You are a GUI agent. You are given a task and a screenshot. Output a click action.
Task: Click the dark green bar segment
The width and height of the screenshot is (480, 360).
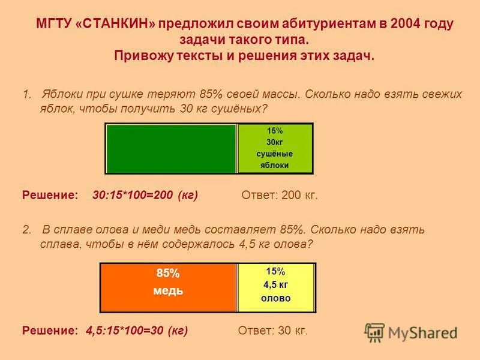click(171, 149)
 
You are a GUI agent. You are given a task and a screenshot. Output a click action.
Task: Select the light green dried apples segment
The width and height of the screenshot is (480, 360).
click(275, 149)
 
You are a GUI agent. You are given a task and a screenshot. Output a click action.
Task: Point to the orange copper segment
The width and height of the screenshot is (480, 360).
click(168, 288)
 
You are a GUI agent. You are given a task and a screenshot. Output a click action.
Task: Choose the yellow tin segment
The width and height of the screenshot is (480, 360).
click(276, 288)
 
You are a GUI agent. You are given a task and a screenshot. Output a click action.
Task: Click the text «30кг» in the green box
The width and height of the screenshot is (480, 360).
click(275, 142)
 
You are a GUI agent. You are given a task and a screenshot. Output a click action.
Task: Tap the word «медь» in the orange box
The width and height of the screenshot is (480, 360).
click(168, 291)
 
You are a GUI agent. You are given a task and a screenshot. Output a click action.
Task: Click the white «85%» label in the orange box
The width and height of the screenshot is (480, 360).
click(168, 274)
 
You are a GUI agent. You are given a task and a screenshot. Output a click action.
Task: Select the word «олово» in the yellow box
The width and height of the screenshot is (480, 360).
click(276, 298)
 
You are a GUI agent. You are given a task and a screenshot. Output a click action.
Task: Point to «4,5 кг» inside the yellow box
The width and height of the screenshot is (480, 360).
click(276, 285)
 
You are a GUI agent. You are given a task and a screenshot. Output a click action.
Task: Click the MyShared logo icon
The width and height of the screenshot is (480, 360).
click(374, 332)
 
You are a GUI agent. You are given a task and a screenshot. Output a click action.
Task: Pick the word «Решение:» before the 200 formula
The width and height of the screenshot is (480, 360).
click(50, 196)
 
